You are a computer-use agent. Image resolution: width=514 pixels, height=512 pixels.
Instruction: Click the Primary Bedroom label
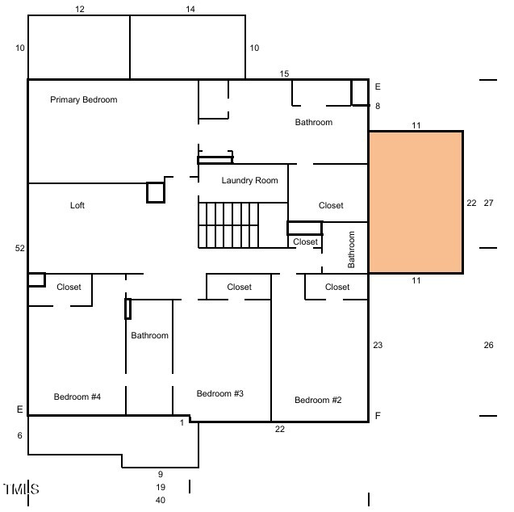(84, 99)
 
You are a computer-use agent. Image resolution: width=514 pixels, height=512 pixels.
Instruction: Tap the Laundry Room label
(250, 180)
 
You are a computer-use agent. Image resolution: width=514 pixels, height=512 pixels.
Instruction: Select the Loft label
(77, 205)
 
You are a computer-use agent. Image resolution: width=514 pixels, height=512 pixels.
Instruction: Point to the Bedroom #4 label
(77, 397)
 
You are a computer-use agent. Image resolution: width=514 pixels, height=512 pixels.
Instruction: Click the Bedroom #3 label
(220, 393)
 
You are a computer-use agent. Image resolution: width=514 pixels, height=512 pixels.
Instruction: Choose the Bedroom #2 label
(318, 401)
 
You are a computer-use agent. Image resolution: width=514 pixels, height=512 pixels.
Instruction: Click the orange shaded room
(416, 203)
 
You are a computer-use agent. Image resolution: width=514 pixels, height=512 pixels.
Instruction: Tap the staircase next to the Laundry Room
(228, 225)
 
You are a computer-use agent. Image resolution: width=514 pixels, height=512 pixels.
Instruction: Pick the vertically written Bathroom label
(351, 250)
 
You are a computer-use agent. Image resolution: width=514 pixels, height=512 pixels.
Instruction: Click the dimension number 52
(19, 248)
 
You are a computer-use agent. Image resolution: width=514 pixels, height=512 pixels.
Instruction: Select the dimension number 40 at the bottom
(161, 500)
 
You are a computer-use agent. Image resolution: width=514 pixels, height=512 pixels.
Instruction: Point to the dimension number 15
(284, 73)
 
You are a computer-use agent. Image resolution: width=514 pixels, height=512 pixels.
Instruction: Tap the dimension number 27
(488, 203)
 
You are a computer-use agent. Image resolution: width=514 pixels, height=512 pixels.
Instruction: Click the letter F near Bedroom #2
(378, 416)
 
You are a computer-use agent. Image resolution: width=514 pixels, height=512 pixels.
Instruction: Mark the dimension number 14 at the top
(190, 9)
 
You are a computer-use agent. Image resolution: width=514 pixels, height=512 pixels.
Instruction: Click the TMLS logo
(21, 489)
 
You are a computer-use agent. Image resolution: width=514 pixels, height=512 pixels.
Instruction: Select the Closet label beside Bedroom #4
(69, 287)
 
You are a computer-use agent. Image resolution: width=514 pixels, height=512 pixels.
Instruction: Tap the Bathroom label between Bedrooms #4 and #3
(149, 335)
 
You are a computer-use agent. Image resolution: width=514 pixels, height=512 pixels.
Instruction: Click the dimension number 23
(378, 345)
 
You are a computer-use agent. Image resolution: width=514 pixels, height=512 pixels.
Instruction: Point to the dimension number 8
(378, 106)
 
